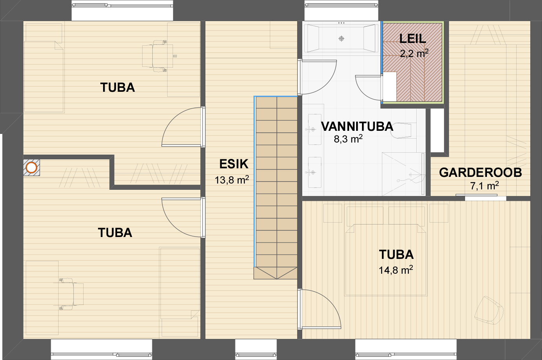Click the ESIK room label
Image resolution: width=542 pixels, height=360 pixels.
click(x=234, y=164)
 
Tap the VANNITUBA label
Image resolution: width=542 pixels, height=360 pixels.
click(x=357, y=127)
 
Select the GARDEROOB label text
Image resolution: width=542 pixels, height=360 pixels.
click(x=480, y=173)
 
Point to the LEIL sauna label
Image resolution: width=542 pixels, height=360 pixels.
click(x=412, y=39)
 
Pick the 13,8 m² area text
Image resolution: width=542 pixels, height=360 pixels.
click(x=232, y=180)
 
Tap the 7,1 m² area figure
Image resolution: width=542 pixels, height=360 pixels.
click(x=485, y=186)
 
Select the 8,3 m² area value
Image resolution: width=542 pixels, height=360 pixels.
click(x=348, y=139)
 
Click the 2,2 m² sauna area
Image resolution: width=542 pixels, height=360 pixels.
click(x=414, y=53)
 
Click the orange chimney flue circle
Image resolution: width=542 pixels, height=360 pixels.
click(x=31, y=168)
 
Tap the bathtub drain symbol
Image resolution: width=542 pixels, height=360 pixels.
click(x=341, y=39)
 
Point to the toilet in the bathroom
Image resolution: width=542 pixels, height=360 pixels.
click(x=401, y=130)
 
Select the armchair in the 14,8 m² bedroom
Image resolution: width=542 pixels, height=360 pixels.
click(x=489, y=310)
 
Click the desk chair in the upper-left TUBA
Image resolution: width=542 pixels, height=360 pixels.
click(x=157, y=56)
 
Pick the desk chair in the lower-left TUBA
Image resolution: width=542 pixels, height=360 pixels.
click(x=71, y=294)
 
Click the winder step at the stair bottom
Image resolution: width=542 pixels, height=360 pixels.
click(x=275, y=273)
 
